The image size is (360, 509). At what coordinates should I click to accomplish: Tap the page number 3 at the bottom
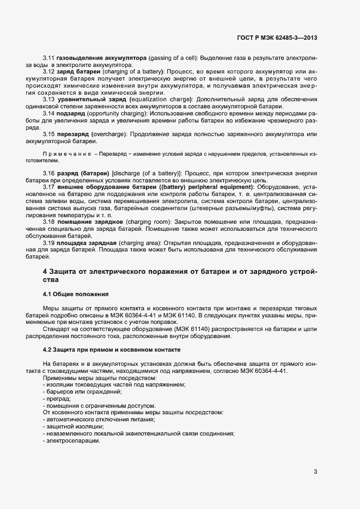pyautogui.click(x=315, y=471)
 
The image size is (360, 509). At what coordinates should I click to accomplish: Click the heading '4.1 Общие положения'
pyautogui.click(x=76, y=294)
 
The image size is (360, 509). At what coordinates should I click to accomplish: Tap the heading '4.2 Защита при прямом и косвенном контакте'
pyautogui.click(x=111, y=348)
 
